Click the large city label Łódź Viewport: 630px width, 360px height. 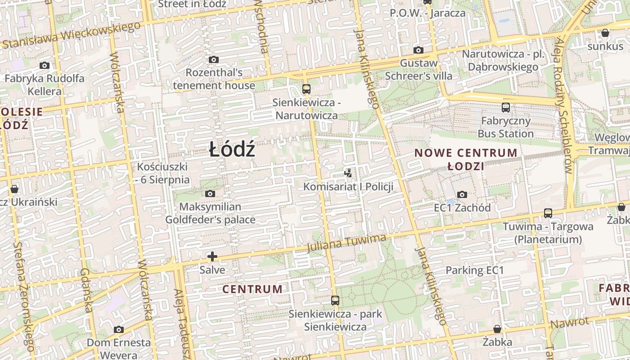coord(232,149)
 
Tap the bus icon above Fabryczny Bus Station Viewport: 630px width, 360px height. coord(506,108)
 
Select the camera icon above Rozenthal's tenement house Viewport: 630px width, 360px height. coord(214,59)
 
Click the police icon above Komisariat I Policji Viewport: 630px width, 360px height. coord(348,173)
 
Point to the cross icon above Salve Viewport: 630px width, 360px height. coord(212,256)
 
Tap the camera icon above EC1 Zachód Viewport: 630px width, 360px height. coord(462,194)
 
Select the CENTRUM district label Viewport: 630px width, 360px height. coord(252,289)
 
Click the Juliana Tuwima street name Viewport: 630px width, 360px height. coord(346,243)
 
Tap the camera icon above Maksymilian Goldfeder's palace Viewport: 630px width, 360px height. coord(210,194)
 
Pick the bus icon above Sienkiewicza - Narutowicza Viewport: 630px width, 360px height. coord(306,89)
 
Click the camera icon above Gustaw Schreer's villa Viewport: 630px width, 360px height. coord(418,50)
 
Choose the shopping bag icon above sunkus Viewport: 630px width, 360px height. coord(605,33)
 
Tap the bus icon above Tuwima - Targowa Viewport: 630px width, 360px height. coord(548,213)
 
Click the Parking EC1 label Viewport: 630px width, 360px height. coord(474,270)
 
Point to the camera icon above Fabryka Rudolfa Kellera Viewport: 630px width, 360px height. coord(44,65)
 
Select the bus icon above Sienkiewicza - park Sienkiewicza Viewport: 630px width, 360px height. coord(335,301)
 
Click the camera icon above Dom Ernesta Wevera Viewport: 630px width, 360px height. coord(119,329)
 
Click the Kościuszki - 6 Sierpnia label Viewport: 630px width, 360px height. coord(162,173)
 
